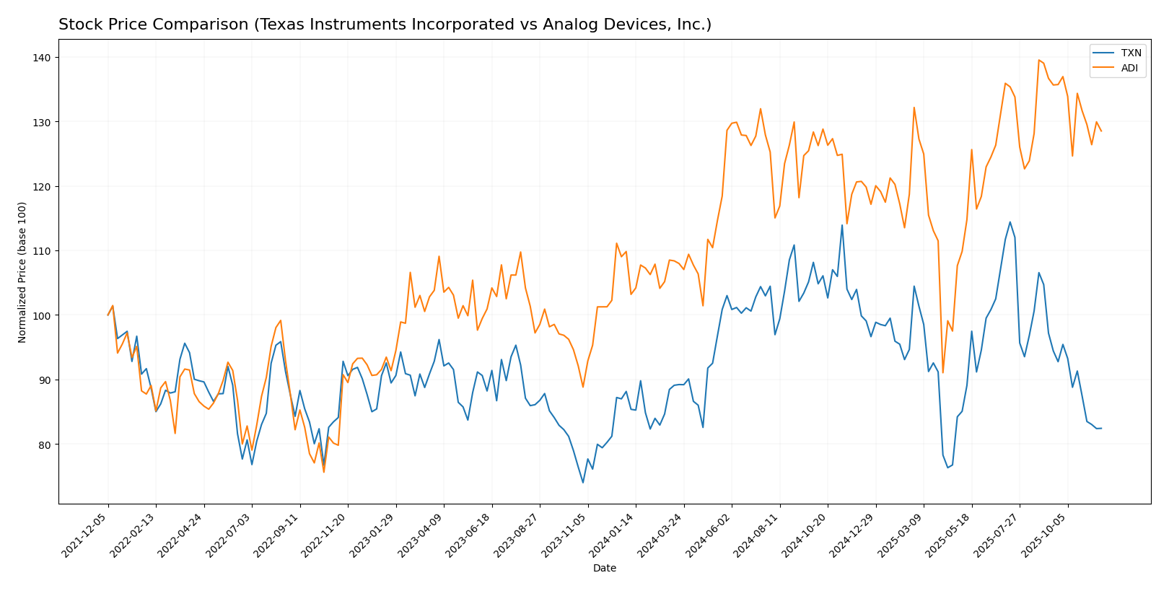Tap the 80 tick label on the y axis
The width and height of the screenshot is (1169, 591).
tap(45, 445)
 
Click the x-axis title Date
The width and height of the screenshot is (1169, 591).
tap(605, 569)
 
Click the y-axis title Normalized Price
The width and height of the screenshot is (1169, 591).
tap(22, 272)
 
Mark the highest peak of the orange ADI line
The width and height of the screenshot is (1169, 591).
tap(1039, 60)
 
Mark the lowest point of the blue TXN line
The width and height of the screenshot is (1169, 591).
tap(583, 482)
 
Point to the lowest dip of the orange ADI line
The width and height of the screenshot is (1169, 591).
tap(323, 472)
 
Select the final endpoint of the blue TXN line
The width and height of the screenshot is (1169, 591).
tap(1101, 429)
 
